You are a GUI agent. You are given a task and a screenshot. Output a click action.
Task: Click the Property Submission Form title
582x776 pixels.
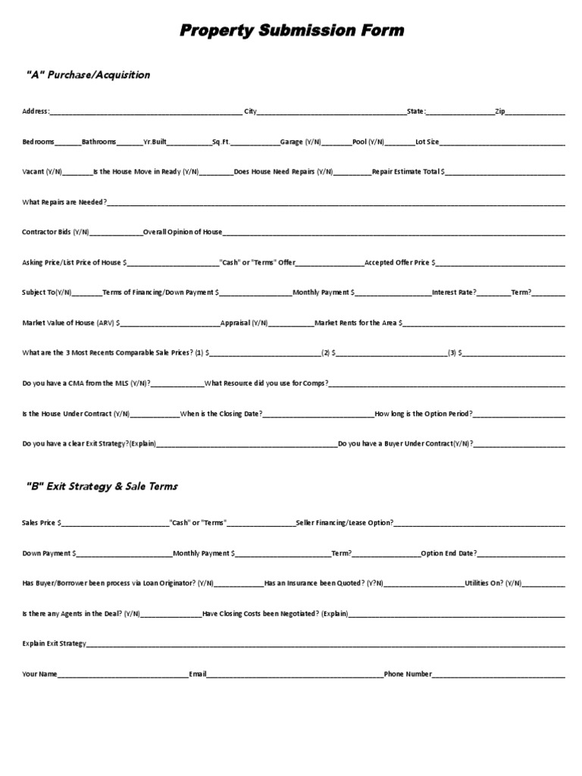(292, 31)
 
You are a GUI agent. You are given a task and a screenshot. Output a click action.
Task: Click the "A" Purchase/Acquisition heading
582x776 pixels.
(89, 75)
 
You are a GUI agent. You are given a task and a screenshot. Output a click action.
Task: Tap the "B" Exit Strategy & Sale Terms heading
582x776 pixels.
(102, 486)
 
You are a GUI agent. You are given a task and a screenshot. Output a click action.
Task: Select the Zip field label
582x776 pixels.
(499, 112)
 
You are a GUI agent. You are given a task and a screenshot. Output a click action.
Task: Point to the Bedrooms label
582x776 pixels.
(38, 142)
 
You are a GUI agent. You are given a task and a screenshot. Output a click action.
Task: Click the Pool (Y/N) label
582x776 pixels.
(368, 142)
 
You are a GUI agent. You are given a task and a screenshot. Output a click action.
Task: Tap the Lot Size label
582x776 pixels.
(427, 142)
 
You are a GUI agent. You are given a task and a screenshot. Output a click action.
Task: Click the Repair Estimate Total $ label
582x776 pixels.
(408, 172)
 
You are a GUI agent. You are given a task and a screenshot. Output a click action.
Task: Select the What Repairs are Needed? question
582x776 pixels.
(64, 202)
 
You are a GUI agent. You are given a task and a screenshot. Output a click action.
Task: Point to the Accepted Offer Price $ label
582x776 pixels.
(400, 262)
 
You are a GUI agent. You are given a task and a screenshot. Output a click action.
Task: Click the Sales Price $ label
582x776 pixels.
(42, 523)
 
